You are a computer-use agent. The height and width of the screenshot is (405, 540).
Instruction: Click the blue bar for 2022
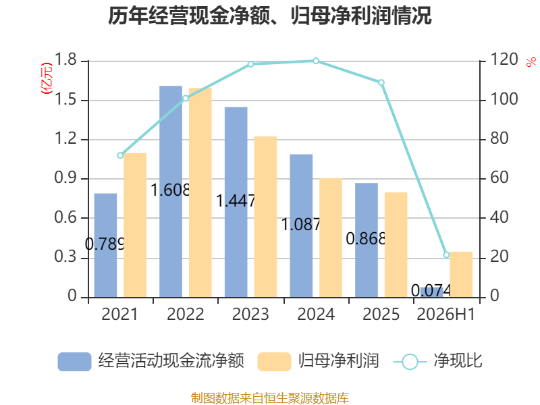point(171,192)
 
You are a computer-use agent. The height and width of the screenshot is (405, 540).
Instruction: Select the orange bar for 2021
point(135,225)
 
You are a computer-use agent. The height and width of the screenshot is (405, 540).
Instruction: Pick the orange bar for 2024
point(331,238)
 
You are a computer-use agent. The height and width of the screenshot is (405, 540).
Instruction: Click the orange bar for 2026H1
point(461,275)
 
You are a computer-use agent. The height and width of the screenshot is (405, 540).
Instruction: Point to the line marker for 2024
point(316,61)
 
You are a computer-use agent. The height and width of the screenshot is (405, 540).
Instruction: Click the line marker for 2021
point(120,156)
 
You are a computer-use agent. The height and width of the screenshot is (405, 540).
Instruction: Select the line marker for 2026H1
point(446,255)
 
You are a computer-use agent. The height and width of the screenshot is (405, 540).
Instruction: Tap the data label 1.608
point(171,190)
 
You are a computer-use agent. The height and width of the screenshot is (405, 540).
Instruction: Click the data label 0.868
point(366,239)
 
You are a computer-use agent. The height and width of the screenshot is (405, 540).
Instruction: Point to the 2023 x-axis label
point(250,314)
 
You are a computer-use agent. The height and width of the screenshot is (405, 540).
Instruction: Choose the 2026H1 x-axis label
point(446,314)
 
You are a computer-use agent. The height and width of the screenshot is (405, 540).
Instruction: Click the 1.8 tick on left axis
point(65,59)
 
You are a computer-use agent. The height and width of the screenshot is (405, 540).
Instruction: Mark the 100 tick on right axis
point(504,99)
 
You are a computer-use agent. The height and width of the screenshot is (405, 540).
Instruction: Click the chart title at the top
point(270,16)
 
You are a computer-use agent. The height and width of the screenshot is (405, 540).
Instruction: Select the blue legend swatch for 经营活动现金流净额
point(74,362)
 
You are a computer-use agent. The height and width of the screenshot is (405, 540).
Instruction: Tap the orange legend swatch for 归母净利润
point(274,362)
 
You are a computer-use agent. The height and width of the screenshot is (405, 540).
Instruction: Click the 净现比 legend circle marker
point(410,362)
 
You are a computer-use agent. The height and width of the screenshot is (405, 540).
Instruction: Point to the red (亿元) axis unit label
point(47,78)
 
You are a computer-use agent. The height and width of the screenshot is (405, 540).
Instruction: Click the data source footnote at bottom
point(270,398)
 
